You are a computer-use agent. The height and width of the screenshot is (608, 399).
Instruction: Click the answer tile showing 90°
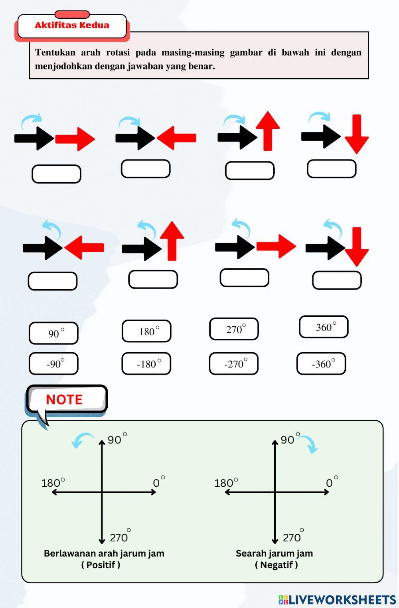point(54,333)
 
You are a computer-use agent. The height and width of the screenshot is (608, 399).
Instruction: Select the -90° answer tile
point(54,363)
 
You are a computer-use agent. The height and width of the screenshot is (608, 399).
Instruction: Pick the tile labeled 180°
point(146,331)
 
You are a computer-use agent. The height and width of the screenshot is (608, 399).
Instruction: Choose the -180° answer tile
point(146,363)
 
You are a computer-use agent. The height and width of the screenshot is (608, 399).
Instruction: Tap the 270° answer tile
point(234,329)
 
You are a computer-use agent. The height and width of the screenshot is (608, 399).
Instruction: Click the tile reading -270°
point(234,363)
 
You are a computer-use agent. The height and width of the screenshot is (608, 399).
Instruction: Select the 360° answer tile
point(324,326)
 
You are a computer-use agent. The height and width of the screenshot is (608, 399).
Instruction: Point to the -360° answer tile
point(321,363)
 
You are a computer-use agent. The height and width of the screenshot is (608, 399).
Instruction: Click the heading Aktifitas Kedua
point(72,25)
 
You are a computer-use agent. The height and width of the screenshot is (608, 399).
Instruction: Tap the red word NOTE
point(64,399)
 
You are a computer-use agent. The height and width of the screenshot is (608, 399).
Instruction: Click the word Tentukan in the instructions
point(55,52)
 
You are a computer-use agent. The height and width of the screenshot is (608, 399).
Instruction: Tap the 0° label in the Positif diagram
point(159,482)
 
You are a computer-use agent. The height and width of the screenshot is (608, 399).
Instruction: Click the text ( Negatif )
point(277,565)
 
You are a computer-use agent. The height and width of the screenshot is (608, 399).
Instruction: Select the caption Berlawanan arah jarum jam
point(104,553)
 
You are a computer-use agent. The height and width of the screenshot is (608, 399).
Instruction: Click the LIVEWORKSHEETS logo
point(338,600)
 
